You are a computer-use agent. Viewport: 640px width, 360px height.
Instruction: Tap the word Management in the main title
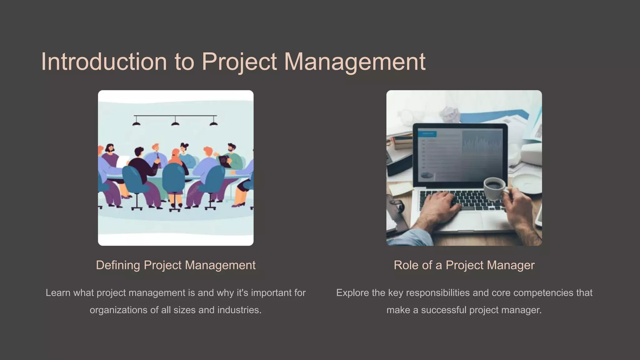click(x=354, y=62)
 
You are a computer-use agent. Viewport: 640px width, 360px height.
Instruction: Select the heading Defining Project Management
click(x=176, y=265)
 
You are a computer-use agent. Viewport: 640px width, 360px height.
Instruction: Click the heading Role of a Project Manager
click(x=464, y=265)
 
